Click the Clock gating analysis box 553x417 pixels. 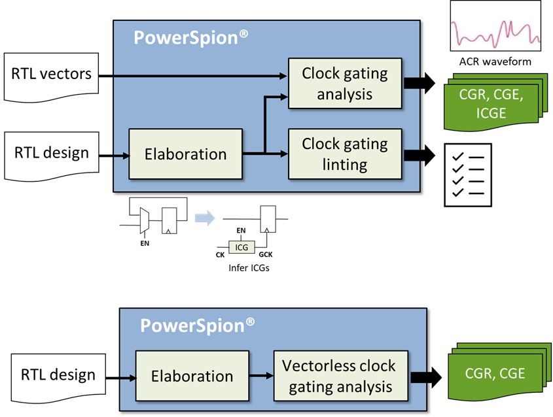[344, 83]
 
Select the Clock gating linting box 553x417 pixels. [344, 154]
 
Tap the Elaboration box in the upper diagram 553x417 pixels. [186, 154]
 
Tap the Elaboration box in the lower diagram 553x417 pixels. [192, 376]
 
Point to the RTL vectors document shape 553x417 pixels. [51, 75]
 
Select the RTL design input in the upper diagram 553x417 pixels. [51, 154]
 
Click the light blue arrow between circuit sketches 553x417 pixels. [205, 218]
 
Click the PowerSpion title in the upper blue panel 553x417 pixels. [190, 37]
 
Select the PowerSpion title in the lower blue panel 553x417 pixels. [197, 324]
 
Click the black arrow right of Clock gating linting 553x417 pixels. [420, 154]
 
